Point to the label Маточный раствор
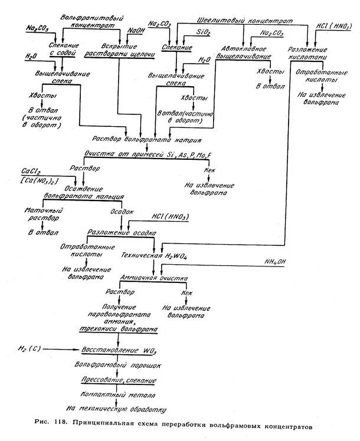38,215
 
